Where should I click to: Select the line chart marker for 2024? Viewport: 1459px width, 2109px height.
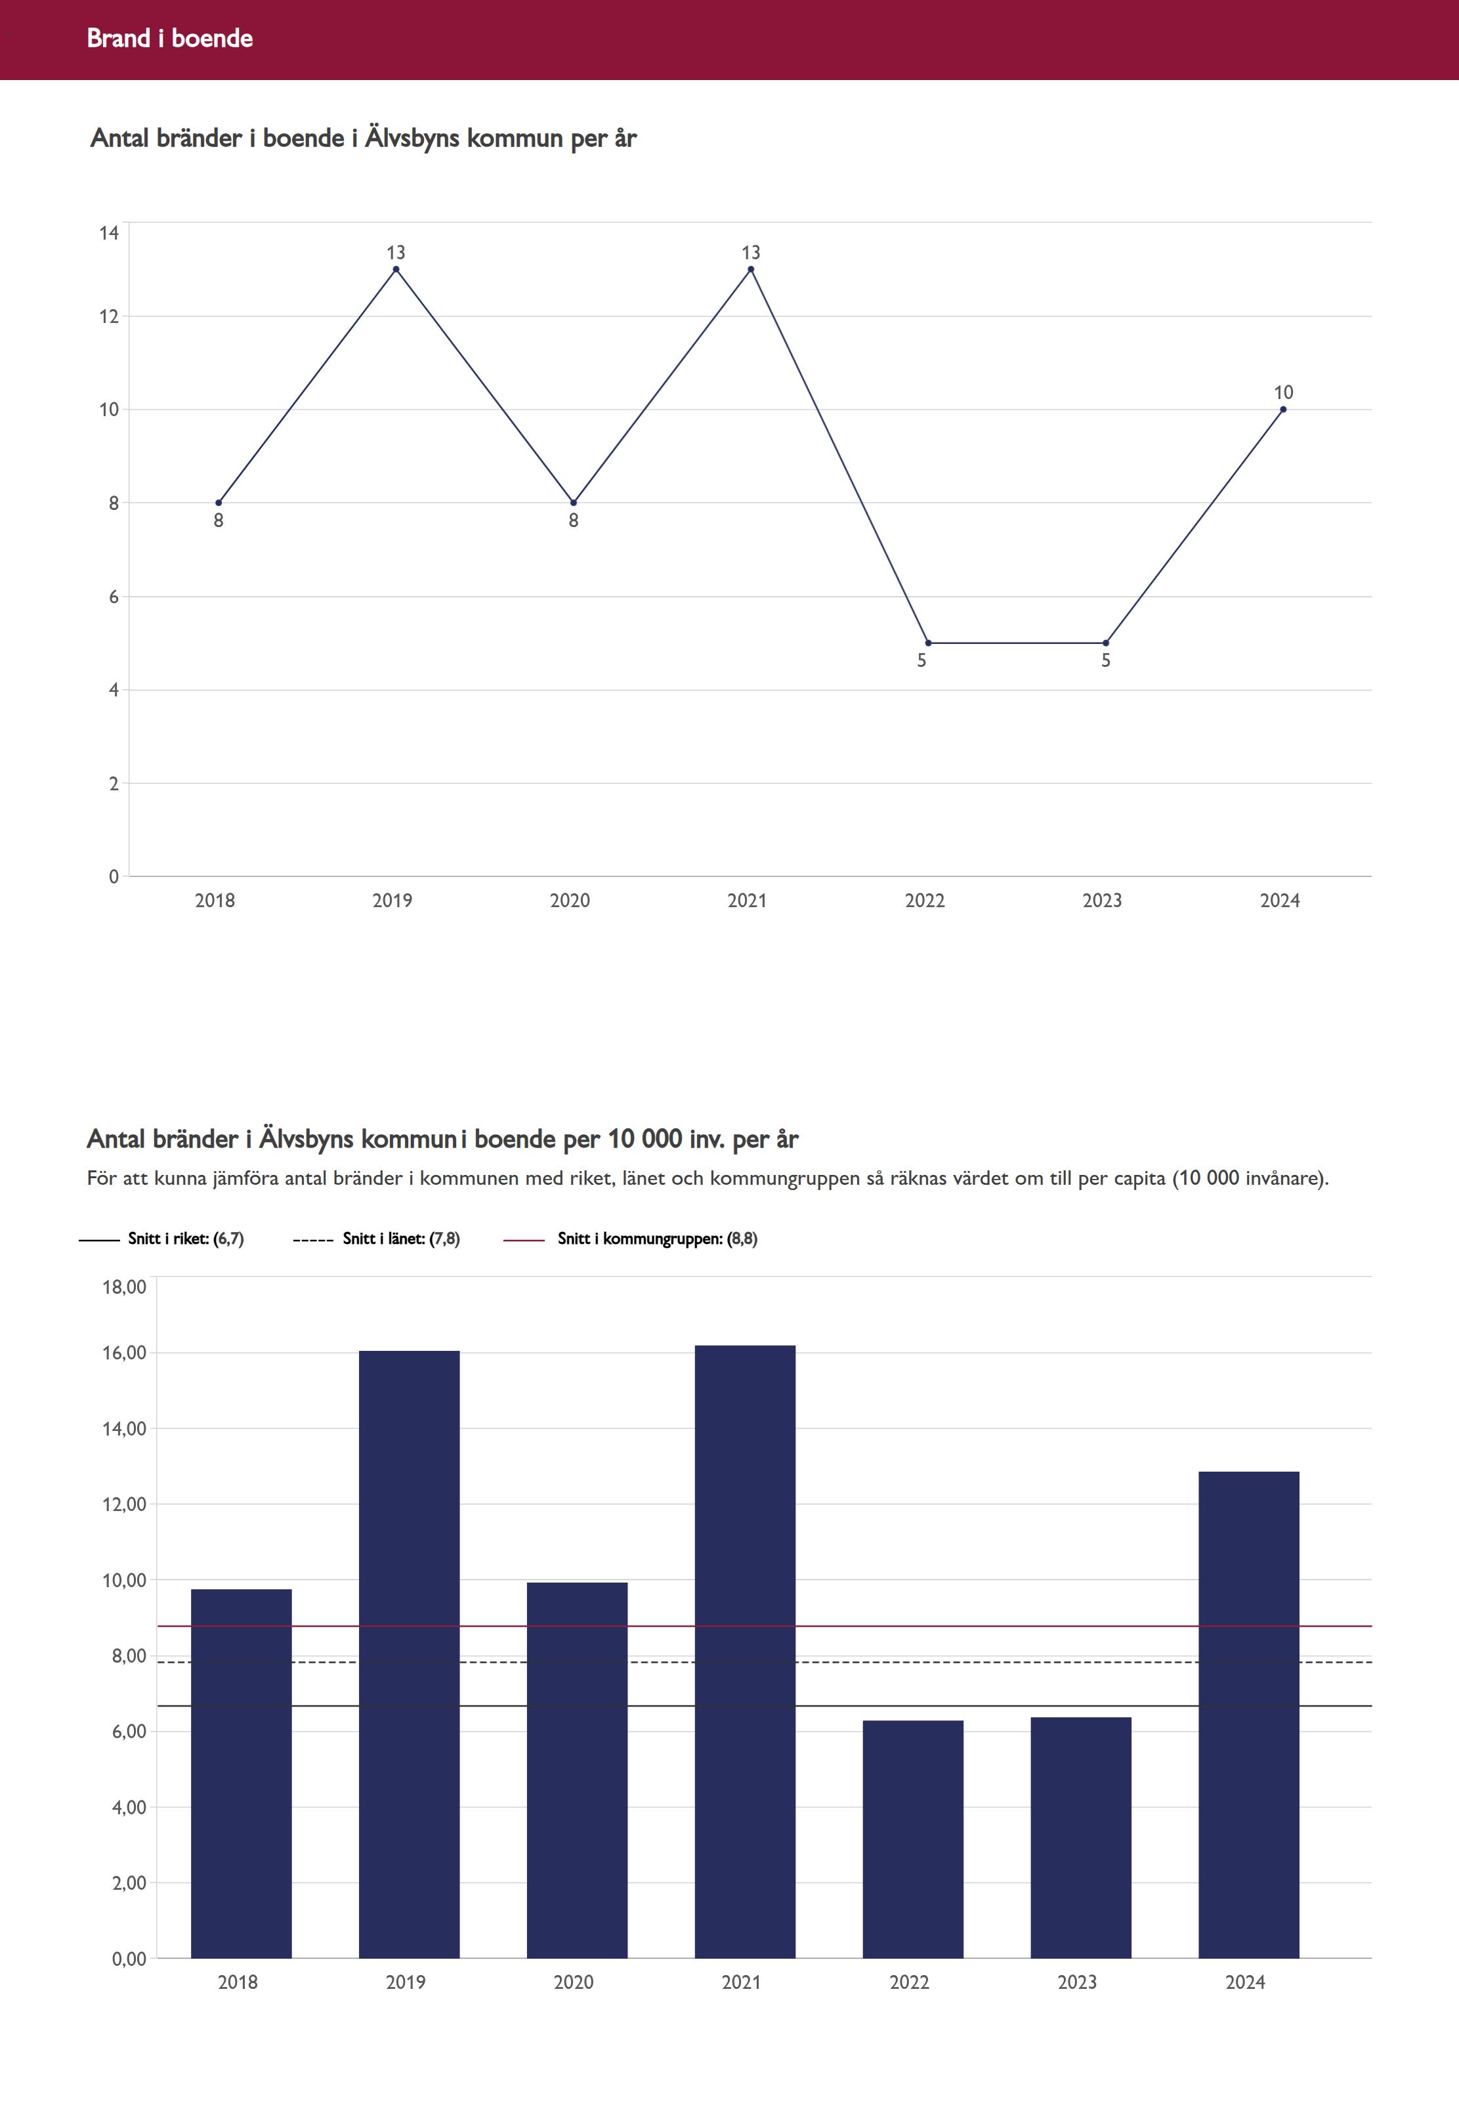pyautogui.click(x=1284, y=410)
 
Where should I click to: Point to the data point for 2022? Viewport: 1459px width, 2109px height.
pyautogui.click(x=929, y=643)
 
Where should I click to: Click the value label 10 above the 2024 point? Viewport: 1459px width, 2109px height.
pyautogui.click(x=1284, y=392)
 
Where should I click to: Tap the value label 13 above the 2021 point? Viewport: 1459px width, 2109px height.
pyautogui.click(x=751, y=252)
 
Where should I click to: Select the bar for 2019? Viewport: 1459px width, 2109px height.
pyautogui.click(x=409, y=1655)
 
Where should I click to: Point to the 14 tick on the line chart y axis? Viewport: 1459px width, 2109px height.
pyautogui.click(x=110, y=233)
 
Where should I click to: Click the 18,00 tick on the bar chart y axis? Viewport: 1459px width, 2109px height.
pyautogui.click(x=124, y=1287)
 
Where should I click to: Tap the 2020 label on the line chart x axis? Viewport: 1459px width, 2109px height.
pyautogui.click(x=570, y=901)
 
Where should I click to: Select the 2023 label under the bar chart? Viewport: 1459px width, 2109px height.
pyautogui.click(x=1077, y=1982)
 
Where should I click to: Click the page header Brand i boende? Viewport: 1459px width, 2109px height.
pyautogui.click(x=170, y=38)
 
